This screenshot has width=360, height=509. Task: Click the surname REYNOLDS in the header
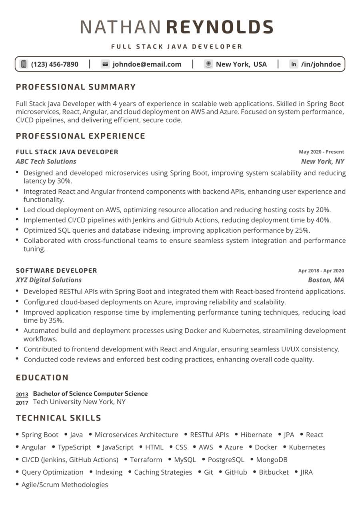[x=219, y=27]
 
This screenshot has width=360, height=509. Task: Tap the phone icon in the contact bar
[x=24, y=64]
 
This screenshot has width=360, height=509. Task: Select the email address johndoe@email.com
[x=147, y=64]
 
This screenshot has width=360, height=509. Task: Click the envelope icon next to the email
[x=105, y=64]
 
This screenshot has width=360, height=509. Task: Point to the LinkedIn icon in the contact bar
[x=294, y=64]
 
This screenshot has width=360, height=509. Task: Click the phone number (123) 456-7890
[x=55, y=64]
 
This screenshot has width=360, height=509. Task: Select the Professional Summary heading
[x=76, y=87]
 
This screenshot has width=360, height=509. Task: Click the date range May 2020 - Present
[x=321, y=152]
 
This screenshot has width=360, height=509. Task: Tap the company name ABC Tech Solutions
[x=46, y=162]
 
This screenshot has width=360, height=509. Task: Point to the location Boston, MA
[x=326, y=280]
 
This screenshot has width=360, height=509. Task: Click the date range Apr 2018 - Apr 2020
[x=321, y=271]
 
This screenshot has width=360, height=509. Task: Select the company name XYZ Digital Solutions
[x=48, y=280]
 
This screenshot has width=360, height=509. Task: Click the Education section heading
[x=42, y=377]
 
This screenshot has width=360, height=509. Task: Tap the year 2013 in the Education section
[x=22, y=395]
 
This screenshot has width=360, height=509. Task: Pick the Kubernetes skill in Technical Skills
[x=307, y=447]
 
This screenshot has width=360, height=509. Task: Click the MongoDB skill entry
[x=272, y=460]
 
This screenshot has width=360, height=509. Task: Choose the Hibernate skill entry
[x=256, y=435]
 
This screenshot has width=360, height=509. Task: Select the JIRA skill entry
[x=307, y=472]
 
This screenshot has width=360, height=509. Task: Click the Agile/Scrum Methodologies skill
[x=65, y=485]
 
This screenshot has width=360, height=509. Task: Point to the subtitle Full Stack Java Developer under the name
[x=177, y=46]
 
